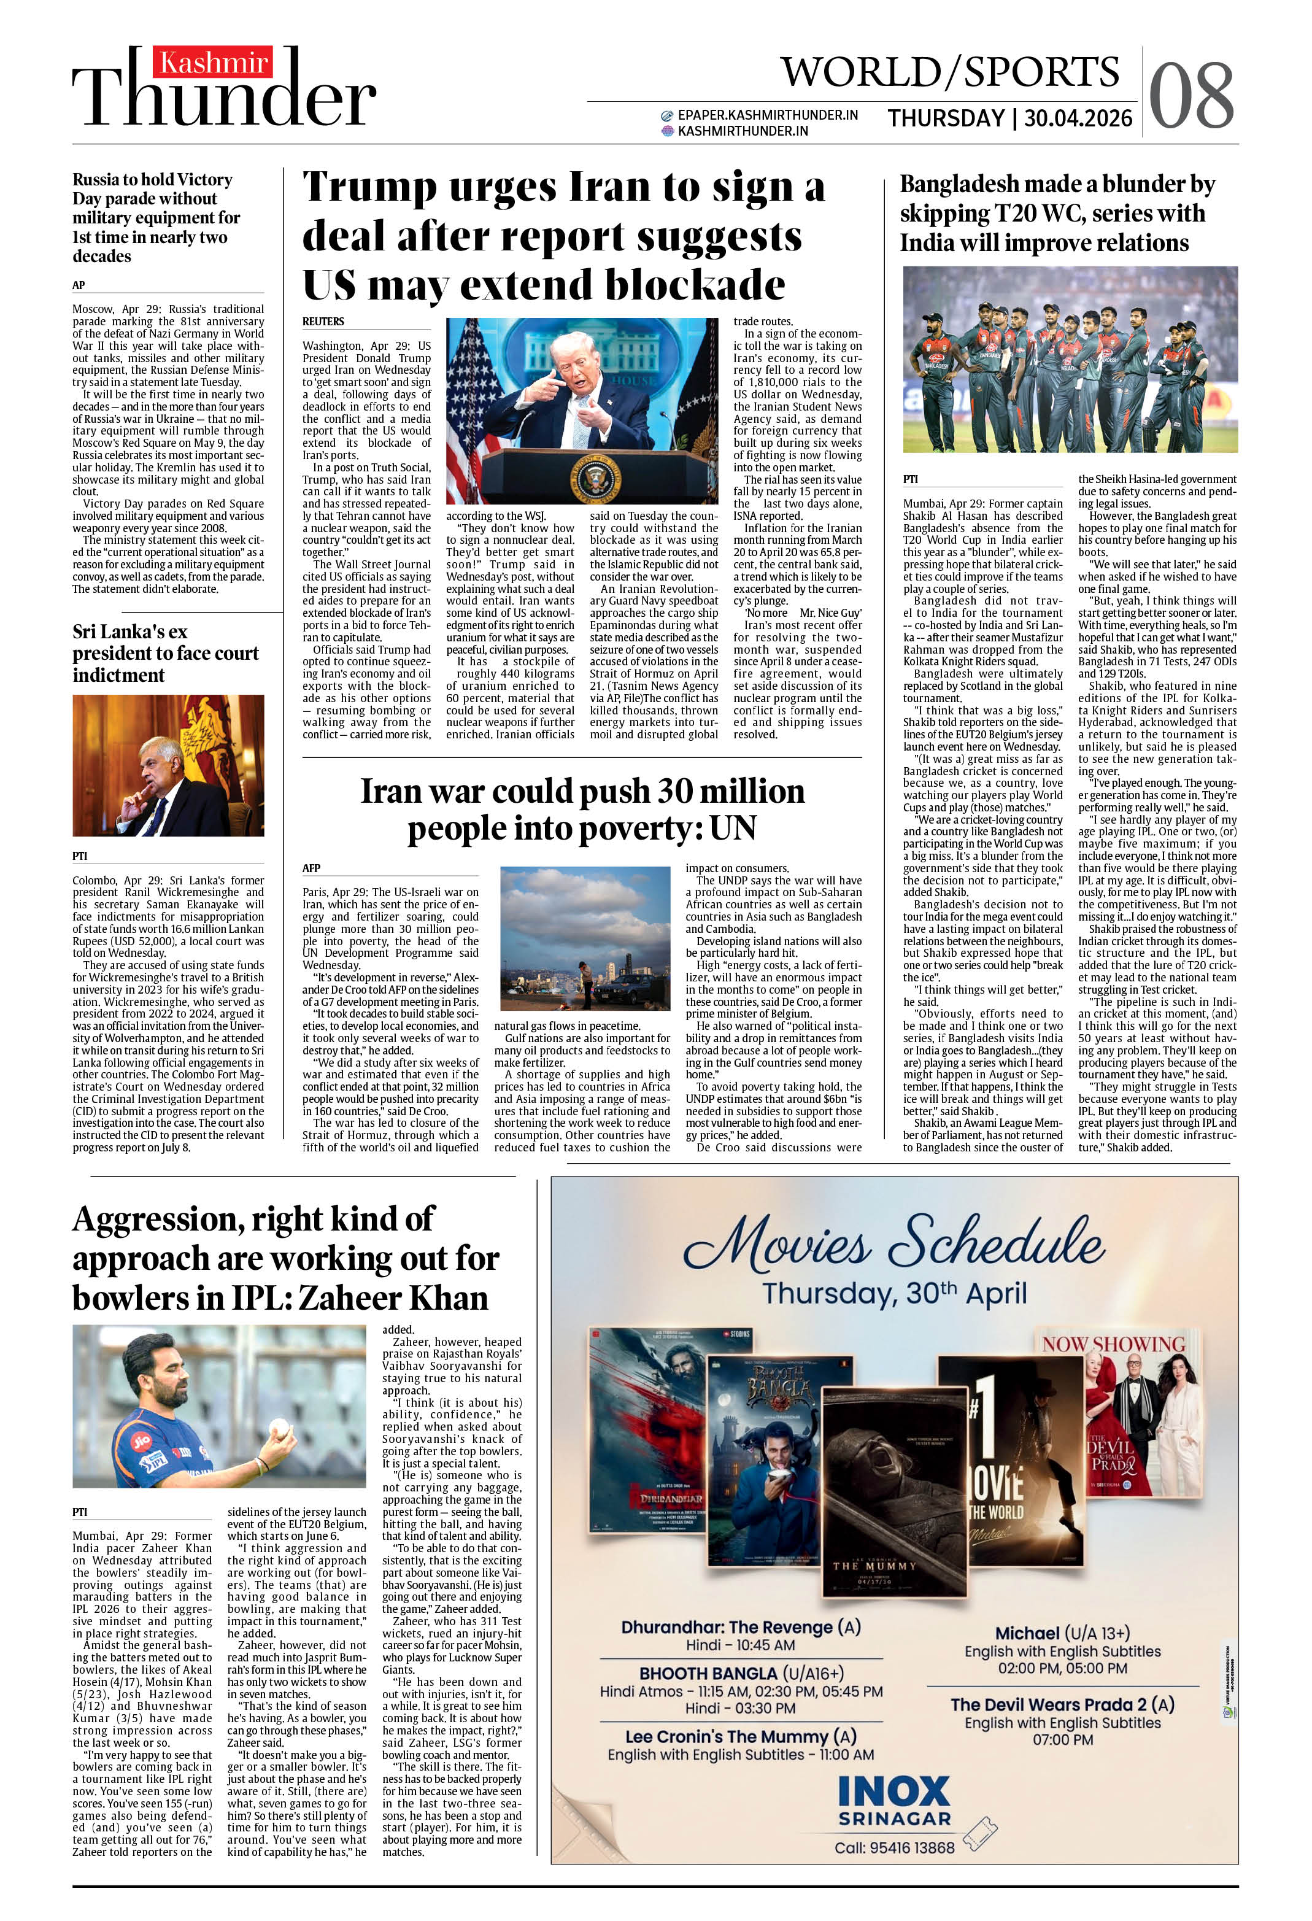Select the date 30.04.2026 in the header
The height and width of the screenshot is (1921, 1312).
click(1078, 119)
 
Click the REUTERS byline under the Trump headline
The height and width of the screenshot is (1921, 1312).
click(323, 322)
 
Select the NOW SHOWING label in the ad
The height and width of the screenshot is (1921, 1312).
click(1113, 1345)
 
